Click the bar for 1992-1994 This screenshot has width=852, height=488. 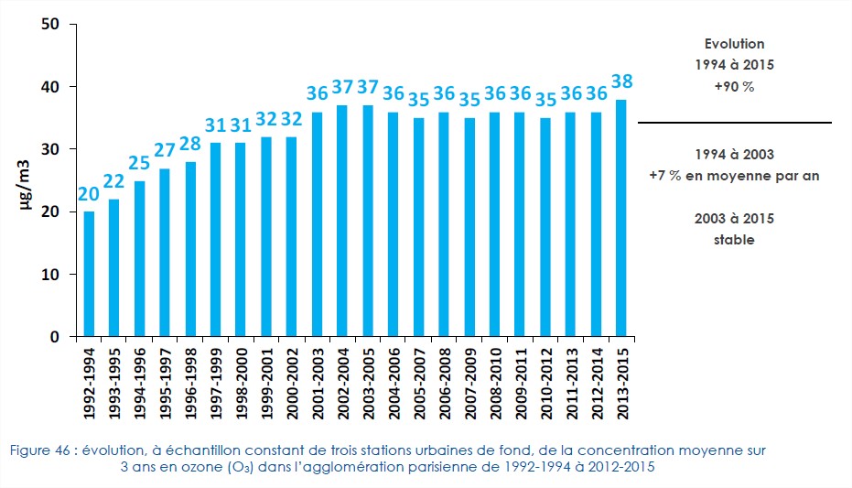pos(90,274)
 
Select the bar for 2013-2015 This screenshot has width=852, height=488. pos(620,218)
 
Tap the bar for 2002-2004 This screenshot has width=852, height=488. pos(342,221)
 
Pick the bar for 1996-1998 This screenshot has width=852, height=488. pos(190,249)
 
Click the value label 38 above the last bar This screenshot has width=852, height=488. pos(621,81)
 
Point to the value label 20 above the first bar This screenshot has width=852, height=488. pos(90,194)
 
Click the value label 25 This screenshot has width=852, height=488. pos(140,163)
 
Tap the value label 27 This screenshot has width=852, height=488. pos(165,150)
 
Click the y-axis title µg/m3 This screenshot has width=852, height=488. pos(27,184)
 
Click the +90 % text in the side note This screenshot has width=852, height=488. pos(734,86)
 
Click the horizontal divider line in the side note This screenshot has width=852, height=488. pos(734,122)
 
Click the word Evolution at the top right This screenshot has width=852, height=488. pos(734,44)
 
